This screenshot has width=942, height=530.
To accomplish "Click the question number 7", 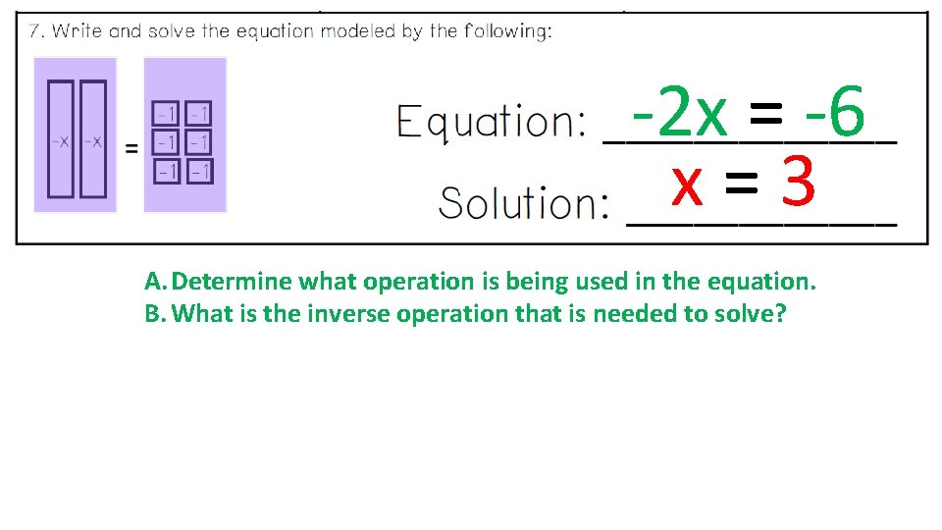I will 35,30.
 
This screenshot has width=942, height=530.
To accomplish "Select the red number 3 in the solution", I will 799,184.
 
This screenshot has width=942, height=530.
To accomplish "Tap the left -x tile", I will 61,140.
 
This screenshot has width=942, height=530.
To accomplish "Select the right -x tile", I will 92,140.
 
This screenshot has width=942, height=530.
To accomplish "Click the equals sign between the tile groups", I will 131,148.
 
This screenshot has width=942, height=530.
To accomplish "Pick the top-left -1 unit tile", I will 168,115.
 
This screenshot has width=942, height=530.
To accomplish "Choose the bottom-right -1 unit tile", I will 199,173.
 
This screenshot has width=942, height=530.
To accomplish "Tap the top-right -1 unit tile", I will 199,115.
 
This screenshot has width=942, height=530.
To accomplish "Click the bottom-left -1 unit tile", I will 168,173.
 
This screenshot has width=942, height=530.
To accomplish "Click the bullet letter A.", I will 155,283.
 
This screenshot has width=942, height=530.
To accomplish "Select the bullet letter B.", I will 155,315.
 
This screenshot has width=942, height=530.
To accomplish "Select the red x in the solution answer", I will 687,184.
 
